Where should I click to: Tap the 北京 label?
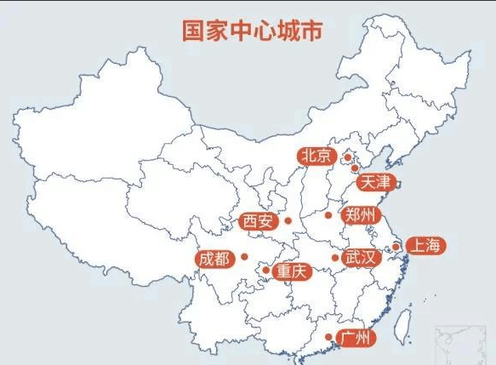[315, 156]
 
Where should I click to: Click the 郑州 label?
[357, 214]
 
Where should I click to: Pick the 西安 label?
[258, 221]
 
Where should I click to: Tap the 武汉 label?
[359, 257]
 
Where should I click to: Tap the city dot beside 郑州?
[328, 215]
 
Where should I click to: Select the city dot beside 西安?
[288, 221]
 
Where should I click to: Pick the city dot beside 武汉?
[334, 258]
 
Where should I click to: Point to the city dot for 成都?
[244, 256]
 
